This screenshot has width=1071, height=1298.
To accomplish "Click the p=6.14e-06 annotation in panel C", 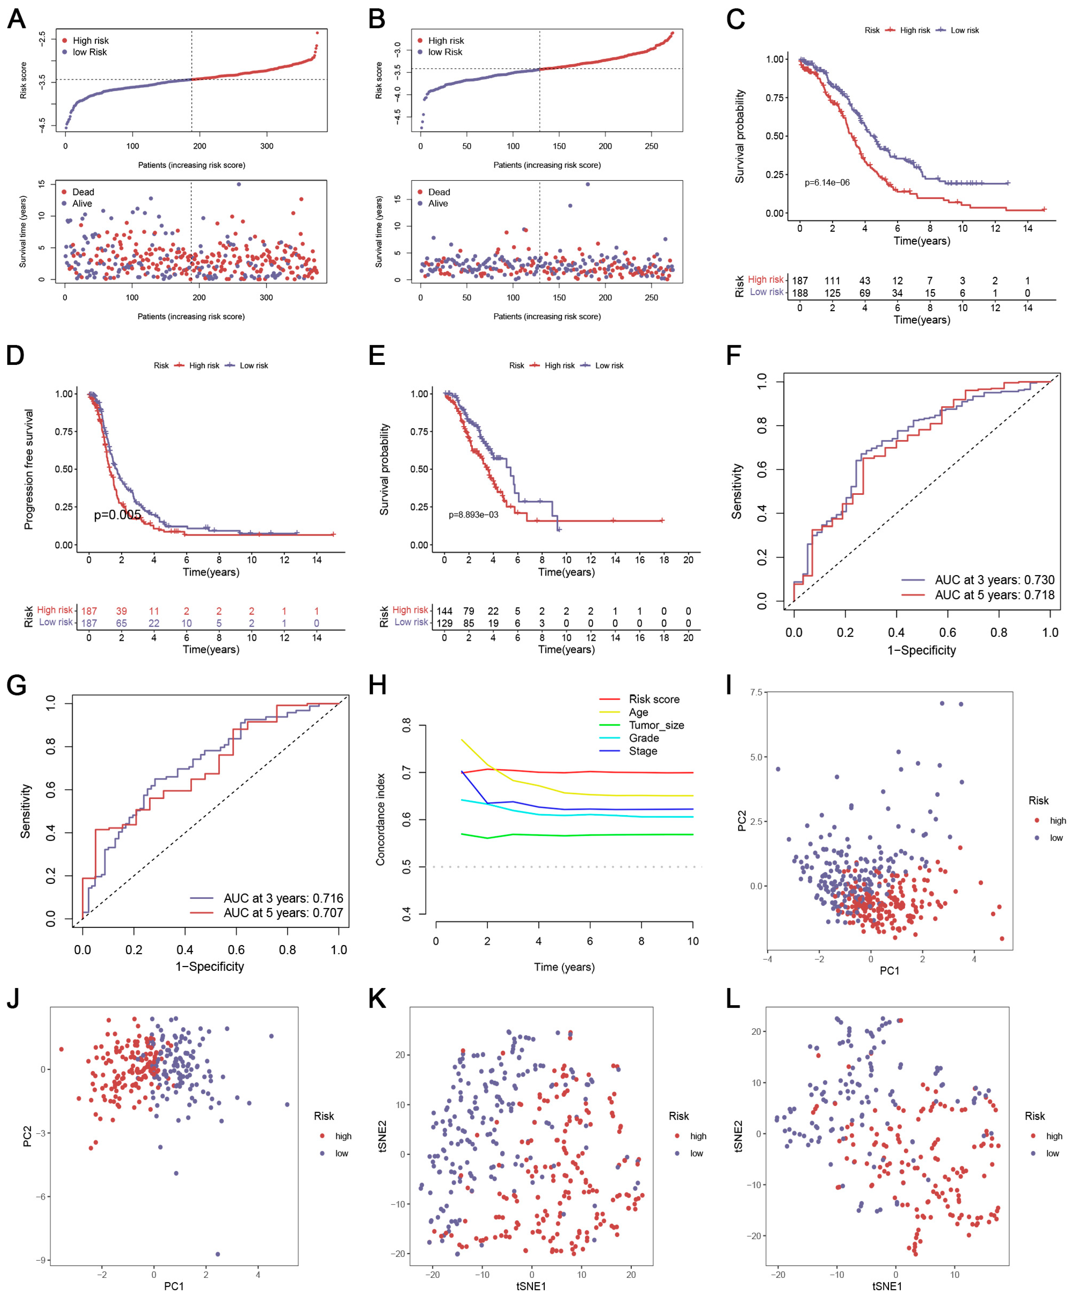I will pyautogui.click(x=827, y=183).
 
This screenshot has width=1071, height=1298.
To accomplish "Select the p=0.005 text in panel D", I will pyautogui.click(x=117, y=515).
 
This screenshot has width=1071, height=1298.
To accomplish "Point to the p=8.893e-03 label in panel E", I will pyautogui.click(x=473, y=515).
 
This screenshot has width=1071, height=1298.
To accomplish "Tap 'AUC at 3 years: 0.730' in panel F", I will pyautogui.click(x=994, y=580).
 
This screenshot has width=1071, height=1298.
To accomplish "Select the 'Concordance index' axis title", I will pyautogui.click(x=381, y=819).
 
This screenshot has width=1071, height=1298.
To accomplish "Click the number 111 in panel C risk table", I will pyautogui.click(x=832, y=281).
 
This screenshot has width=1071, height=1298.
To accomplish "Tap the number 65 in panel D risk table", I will pyautogui.click(x=122, y=623).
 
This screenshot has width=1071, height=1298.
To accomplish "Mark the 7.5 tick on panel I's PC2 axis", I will pyautogui.click(x=756, y=692).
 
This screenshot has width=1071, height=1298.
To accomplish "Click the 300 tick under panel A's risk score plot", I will pyautogui.click(x=267, y=146).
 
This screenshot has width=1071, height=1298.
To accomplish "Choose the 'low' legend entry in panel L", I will pyautogui.click(x=1052, y=1153).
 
